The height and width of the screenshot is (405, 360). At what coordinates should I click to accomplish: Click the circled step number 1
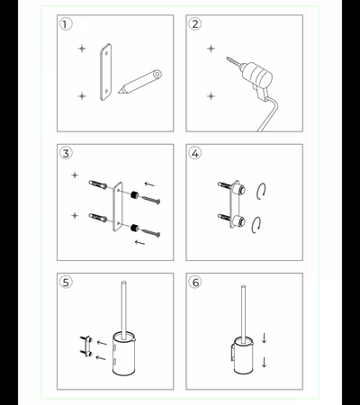click(66, 24)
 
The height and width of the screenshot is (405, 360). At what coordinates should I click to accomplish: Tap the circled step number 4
click(195, 153)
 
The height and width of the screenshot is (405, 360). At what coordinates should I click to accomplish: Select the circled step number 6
click(195, 283)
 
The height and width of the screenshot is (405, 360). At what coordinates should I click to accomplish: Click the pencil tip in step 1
click(119, 93)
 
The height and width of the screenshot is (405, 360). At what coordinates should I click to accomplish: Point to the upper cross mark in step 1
click(82, 49)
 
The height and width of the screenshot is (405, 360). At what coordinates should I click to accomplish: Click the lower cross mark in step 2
click(211, 96)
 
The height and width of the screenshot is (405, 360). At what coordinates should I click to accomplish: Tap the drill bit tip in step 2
click(228, 58)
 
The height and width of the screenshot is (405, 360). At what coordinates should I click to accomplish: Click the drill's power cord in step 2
click(268, 113)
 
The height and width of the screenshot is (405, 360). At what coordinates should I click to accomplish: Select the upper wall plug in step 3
click(98, 184)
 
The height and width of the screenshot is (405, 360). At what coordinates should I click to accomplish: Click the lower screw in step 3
click(151, 233)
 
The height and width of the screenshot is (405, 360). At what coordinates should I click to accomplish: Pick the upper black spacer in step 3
click(134, 194)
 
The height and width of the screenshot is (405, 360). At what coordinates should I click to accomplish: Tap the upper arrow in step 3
click(149, 184)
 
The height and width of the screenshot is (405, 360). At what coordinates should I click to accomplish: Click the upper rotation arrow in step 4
click(262, 191)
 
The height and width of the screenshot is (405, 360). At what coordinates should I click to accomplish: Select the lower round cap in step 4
click(240, 221)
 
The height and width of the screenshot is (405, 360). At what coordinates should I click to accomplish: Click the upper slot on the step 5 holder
click(115, 348)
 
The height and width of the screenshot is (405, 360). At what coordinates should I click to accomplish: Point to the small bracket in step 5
click(86, 346)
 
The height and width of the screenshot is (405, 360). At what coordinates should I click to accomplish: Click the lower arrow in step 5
click(101, 357)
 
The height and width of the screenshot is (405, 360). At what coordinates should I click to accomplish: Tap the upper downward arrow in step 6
click(264, 337)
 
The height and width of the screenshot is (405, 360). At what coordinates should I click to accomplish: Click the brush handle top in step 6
click(243, 287)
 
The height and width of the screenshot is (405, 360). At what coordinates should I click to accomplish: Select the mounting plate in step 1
click(105, 72)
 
